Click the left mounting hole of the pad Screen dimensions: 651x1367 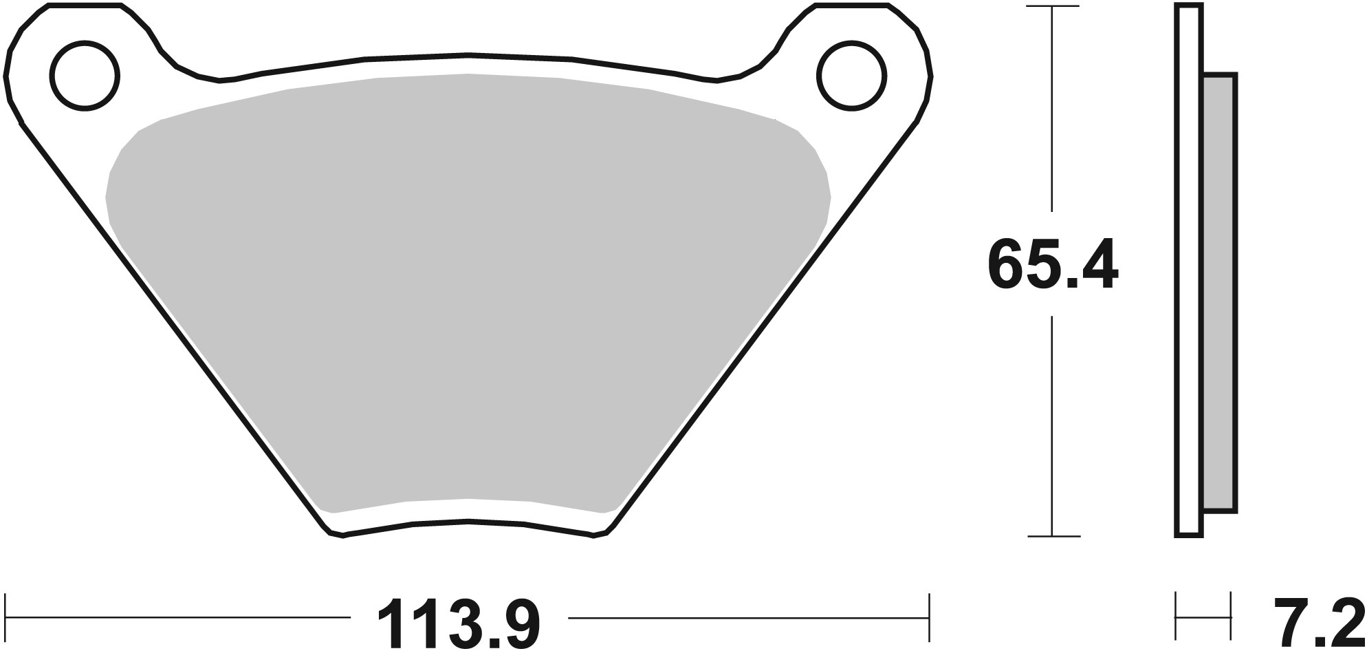point(85,76)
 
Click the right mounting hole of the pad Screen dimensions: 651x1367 point(851,76)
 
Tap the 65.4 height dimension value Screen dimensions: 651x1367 point(1052,265)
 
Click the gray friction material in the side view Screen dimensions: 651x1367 point(1221,292)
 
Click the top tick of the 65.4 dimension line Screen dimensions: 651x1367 point(1052,7)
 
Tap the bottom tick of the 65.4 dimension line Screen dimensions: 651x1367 point(1052,536)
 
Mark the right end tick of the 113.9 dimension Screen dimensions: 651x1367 point(929,617)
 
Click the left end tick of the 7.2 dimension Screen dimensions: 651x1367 point(1177,617)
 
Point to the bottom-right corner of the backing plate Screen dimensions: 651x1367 point(602,533)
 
